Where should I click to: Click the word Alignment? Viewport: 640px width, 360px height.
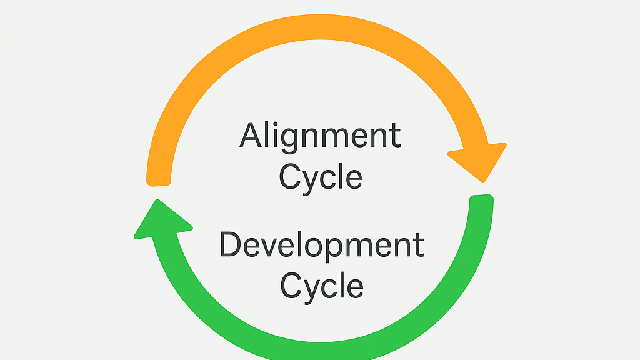point(320,136)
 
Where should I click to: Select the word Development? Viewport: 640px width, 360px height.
point(322,245)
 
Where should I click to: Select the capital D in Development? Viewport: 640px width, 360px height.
point(231,244)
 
